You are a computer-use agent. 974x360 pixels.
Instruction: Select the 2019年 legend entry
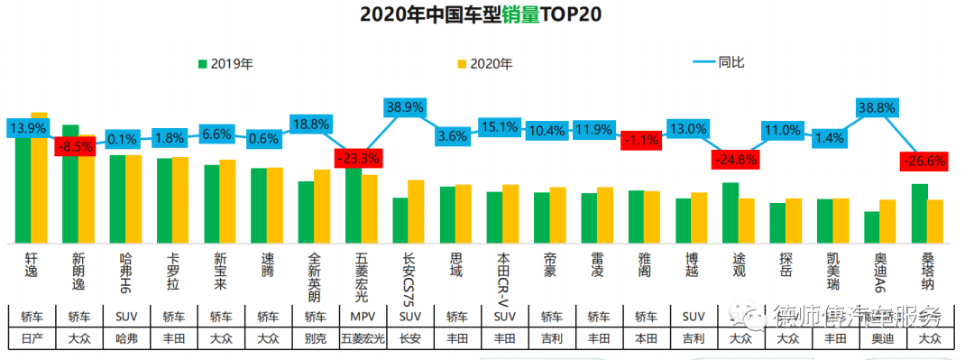point(225,64)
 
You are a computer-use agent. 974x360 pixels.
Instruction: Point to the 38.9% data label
point(406,106)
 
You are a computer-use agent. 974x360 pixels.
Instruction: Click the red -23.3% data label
point(358,158)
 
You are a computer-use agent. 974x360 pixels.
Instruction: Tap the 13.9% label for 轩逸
point(28,129)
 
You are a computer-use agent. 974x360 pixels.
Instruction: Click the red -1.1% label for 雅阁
point(641,140)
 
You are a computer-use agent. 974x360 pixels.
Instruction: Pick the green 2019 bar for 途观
point(730,213)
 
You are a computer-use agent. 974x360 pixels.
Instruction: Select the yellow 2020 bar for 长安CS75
point(416,211)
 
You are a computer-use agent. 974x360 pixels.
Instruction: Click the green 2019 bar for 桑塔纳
point(919,213)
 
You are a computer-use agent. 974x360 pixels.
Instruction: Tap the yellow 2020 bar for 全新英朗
point(322,206)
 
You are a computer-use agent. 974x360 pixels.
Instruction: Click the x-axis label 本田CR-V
point(503,274)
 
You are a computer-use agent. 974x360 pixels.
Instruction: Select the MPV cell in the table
point(362,317)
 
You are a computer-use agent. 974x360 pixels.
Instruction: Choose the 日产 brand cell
point(32,339)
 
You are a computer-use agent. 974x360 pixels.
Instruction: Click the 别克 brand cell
point(315,339)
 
